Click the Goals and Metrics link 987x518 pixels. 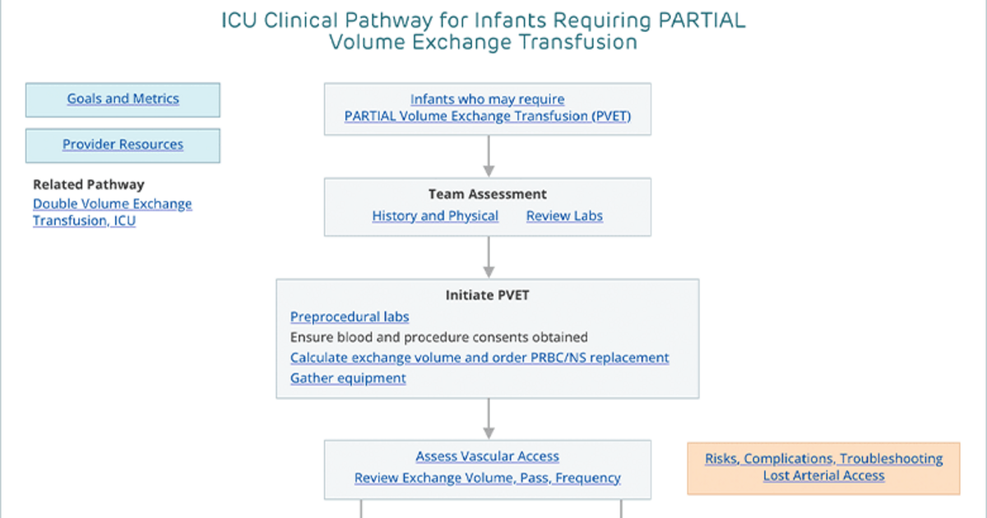click(123, 99)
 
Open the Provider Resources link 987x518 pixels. click(123, 145)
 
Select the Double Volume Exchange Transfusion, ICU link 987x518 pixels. click(113, 212)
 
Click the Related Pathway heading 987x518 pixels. click(89, 184)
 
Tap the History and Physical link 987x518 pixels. click(435, 215)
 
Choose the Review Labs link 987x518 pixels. click(564, 215)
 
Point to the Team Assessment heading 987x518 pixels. click(487, 194)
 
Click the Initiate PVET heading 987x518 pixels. click(487, 295)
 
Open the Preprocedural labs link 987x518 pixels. click(350, 317)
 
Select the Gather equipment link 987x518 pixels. click(348, 378)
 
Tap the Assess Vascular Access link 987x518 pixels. click(487, 456)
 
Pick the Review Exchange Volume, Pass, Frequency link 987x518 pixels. click(487, 478)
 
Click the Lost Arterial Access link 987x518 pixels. click(823, 476)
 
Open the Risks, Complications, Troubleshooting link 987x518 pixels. click(823, 459)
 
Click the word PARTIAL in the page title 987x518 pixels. click(702, 21)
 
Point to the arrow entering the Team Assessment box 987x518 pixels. click(489, 156)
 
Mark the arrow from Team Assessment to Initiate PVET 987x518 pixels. click(489, 257)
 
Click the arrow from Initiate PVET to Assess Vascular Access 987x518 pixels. click(489, 419)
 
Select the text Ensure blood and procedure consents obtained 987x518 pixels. click(439, 337)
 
